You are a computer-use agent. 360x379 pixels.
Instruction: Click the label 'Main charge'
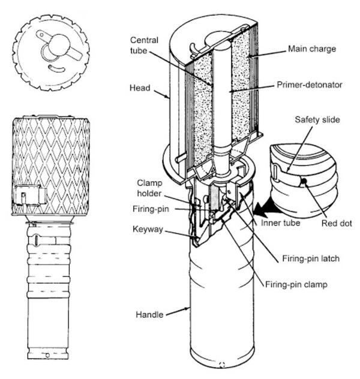312,49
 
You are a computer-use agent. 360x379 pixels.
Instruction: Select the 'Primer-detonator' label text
310,85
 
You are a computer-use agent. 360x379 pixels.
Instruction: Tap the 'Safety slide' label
317,119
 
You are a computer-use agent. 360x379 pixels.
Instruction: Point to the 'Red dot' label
337,223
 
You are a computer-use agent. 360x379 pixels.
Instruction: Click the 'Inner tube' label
280,222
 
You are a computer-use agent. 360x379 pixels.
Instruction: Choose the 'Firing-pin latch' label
311,258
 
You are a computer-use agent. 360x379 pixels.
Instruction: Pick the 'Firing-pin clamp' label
296,284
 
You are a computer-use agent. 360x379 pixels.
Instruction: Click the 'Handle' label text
149,314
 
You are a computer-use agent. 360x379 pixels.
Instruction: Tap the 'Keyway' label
148,229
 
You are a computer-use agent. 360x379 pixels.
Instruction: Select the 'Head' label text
140,88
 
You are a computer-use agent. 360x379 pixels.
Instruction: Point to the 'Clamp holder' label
149,188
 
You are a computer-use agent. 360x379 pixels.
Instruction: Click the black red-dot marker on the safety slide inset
304,181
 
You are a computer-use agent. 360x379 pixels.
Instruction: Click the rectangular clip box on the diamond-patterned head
30,195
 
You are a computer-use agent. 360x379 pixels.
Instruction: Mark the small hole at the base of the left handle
47,355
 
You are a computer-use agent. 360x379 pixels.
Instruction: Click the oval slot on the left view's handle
36,240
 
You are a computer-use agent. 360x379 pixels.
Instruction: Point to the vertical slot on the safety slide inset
275,171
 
